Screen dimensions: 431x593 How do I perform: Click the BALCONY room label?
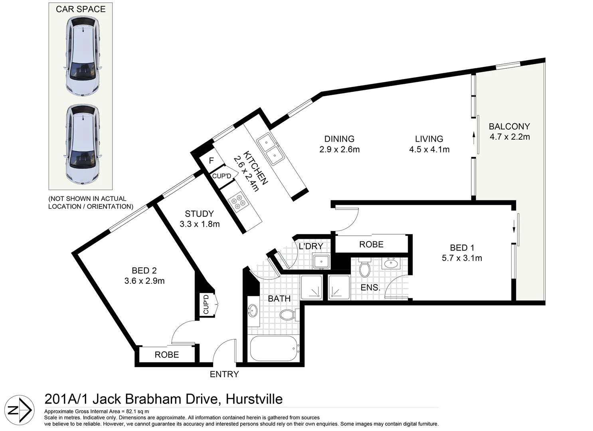click(x=509, y=127)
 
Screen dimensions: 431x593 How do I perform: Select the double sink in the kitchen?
click(x=270, y=149)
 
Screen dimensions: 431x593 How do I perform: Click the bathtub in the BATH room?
click(x=273, y=348)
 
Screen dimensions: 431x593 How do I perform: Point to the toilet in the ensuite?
click(x=364, y=268)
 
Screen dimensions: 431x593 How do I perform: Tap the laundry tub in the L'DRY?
click(x=321, y=262)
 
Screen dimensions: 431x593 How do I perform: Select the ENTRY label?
click(x=224, y=374)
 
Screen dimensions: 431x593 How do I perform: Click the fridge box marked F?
click(x=212, y=161)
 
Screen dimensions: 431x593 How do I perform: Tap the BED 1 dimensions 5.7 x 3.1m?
click(x=462, y=258)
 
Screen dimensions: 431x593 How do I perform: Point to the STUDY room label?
click(x=199, y=214)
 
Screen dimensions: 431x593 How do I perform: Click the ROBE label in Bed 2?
click(x=167, y=355)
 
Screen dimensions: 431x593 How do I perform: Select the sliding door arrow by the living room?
click(x=474, y=138)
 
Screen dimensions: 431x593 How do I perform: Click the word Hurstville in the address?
click(x=254, y=399)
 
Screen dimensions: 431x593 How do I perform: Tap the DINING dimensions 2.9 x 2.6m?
click(x=339, y=150)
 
